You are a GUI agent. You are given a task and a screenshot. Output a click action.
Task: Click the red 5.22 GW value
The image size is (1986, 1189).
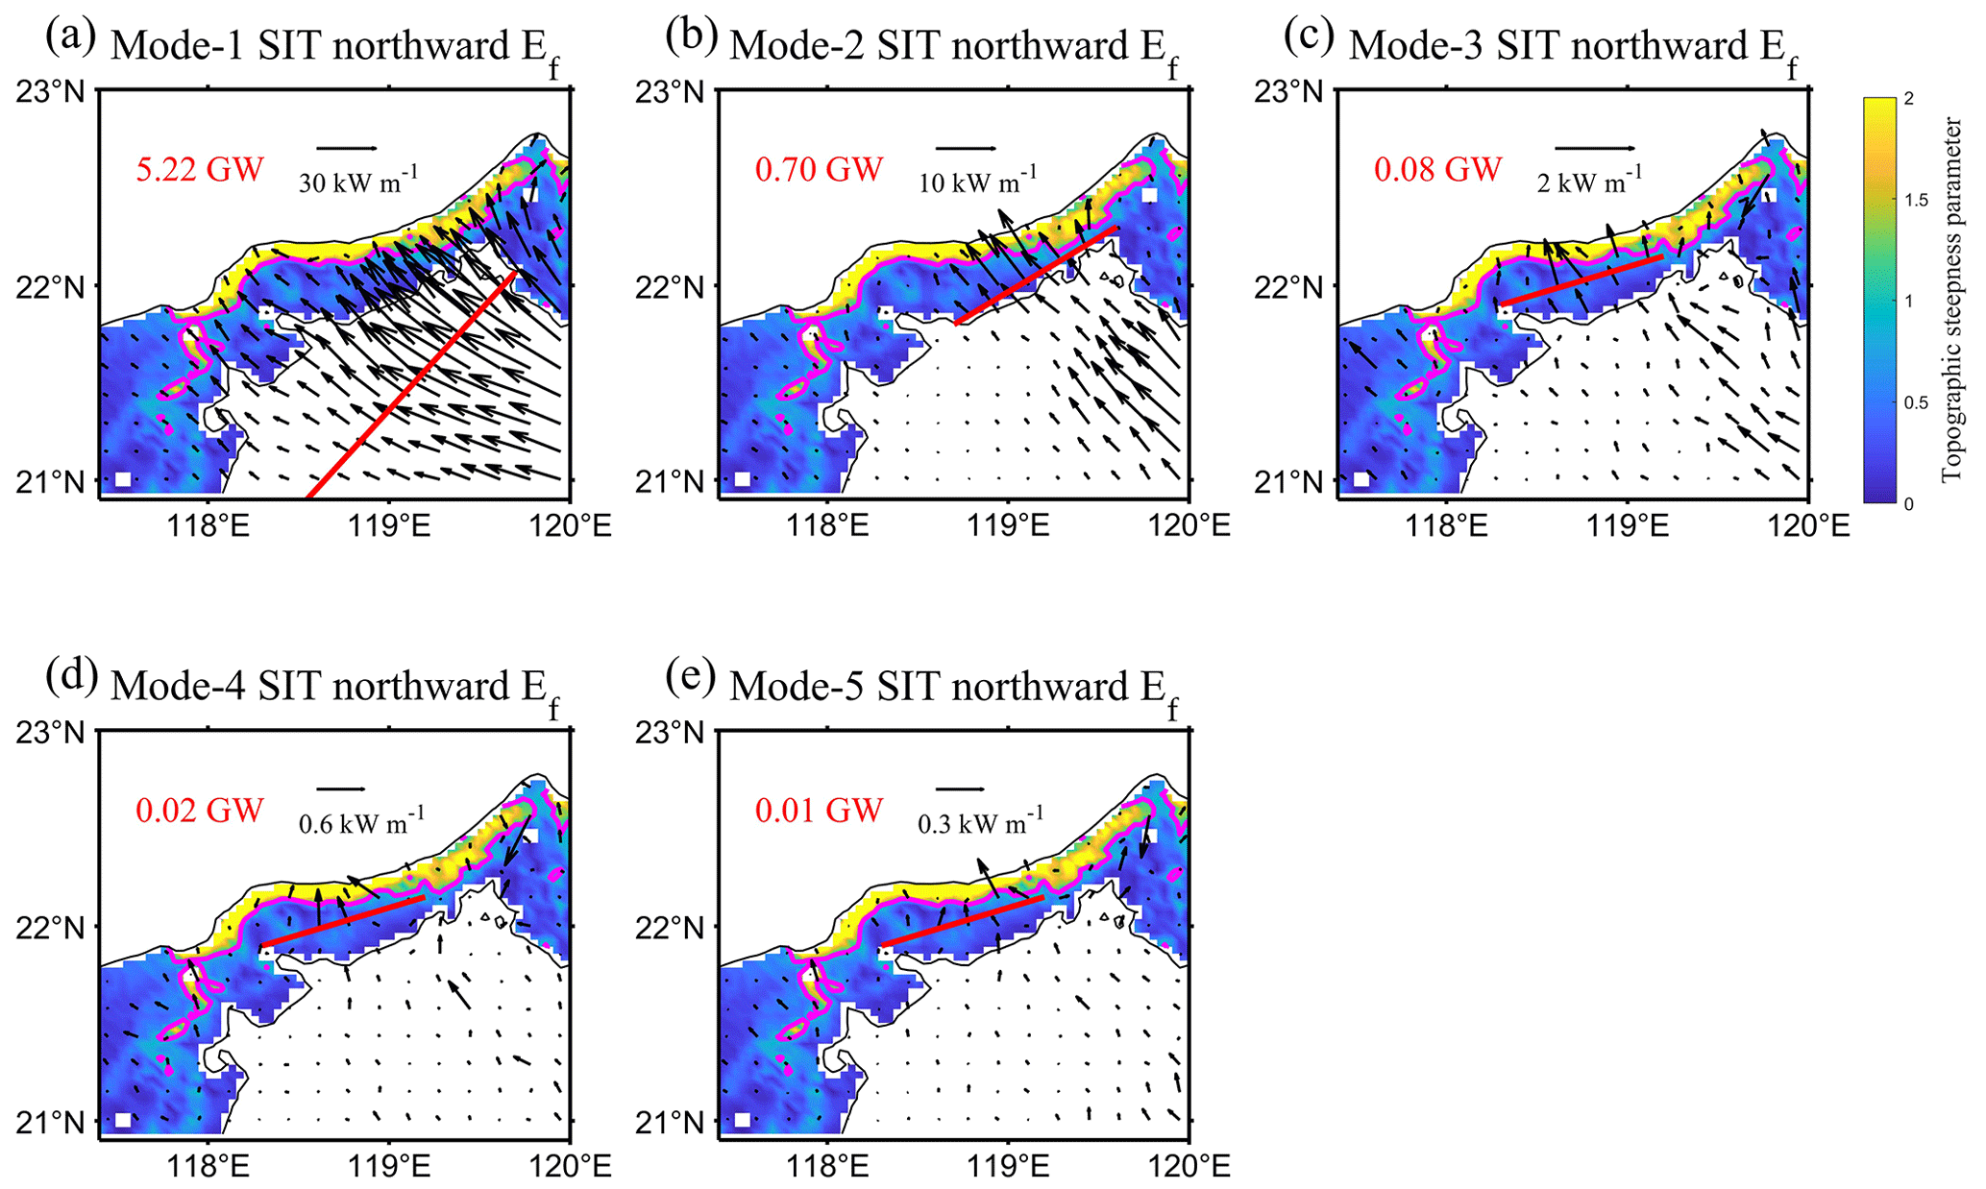(199, 170)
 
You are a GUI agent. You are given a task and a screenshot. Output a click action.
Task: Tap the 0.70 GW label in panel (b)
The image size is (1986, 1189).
(819, 170)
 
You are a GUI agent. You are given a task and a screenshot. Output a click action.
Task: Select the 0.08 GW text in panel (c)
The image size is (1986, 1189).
(1437, 170)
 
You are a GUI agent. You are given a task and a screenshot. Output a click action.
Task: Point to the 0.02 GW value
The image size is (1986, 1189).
(199, 811)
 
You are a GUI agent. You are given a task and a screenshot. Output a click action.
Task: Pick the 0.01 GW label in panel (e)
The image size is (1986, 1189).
(819, 811)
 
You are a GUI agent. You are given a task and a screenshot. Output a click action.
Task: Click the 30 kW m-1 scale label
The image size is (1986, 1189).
(357, 181)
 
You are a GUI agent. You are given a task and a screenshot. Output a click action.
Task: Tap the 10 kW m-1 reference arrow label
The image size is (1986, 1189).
(977, 181)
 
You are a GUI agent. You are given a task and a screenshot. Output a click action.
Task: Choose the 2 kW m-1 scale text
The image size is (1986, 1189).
(1589, 181)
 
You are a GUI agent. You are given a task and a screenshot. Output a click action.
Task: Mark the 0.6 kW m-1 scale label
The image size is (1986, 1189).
(361, 822)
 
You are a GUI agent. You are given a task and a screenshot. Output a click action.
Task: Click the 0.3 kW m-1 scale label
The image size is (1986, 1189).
(980, 822)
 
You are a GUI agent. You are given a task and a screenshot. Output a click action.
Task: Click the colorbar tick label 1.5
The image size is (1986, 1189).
(1917, 200)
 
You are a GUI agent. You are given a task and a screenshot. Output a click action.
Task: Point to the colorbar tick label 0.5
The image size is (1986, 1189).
(1917, 402)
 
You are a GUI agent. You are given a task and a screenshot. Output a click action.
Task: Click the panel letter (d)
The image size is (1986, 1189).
(71, 677)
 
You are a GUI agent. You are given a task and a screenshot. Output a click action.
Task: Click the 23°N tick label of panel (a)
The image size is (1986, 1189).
(50, 92)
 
